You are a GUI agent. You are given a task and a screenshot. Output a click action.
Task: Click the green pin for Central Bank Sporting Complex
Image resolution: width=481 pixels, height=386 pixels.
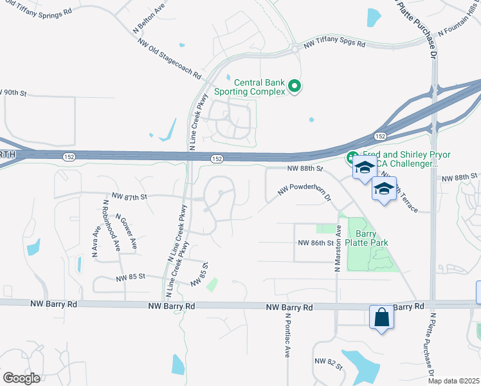click(295, 86)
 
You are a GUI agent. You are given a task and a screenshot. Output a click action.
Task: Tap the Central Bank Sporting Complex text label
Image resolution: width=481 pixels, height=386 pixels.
click(259, 87)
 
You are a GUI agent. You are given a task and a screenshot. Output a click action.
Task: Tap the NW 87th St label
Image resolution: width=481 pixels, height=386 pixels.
click(129, 196)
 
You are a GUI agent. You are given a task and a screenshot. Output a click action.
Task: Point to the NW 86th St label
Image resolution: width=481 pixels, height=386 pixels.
click(316, 243)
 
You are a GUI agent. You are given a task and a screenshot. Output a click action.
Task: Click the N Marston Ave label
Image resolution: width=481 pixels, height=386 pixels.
click(337, 248)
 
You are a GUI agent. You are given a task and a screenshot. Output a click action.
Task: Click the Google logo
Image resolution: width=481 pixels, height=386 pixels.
click(21, 378)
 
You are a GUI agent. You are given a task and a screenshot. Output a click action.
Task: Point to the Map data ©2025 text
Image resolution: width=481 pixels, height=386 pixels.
click(454, 381)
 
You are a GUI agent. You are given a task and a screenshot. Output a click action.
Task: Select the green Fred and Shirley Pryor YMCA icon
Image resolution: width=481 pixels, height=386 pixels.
click(352, 157)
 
